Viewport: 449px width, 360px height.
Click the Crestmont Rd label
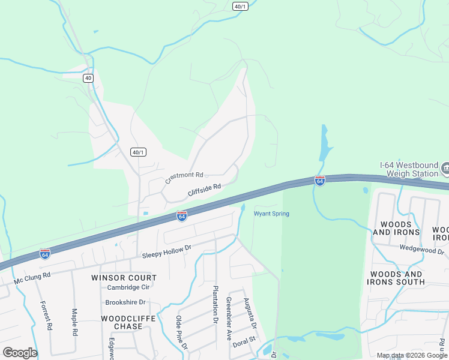click(x=185, y=175)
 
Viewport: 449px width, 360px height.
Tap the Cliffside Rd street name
click(x=205, y=190)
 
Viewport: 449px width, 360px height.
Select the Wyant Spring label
click(x=271, y=214)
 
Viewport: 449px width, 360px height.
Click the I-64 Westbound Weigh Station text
click(x=409, y=169)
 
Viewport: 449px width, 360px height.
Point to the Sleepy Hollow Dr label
click(x=166, y=251)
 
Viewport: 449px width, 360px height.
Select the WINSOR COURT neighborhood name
click(x=124, y=278)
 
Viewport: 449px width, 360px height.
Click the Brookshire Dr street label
click(x=125, y=302)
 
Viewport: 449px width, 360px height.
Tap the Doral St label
click(x=244, y=340)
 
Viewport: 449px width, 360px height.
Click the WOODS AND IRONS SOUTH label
click(x=397, y=278)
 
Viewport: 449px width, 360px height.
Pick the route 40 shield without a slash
click(x=88, y=78)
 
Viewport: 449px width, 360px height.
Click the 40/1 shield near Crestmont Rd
click(x=138, y=152)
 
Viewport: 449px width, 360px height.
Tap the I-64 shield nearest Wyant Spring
click(x=320, y=181)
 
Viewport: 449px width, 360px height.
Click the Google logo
click(x=20, y=353)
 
